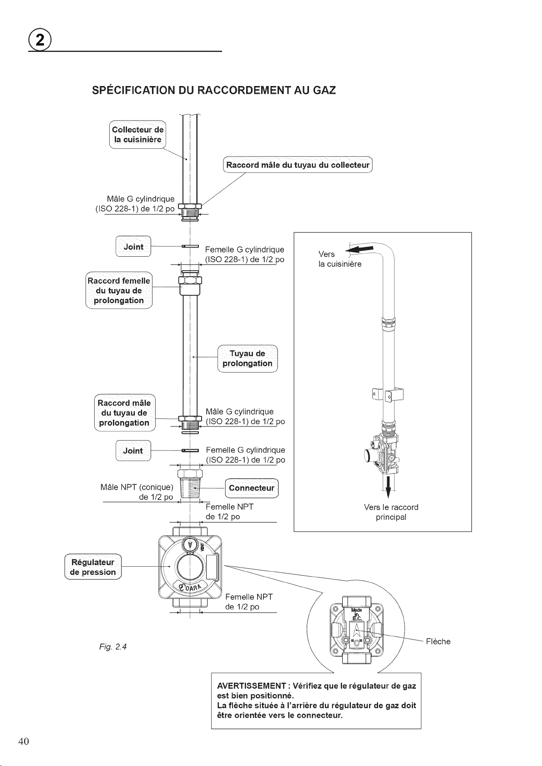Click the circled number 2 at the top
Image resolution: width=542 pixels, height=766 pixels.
[x=40, y=40]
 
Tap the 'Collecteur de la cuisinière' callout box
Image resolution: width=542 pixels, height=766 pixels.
[x=137, y=135]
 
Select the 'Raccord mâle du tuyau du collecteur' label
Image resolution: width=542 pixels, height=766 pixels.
[x=298, y=165]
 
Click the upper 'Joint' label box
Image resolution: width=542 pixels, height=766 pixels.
[x=133, y=246]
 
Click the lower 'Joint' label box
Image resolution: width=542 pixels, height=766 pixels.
[x=133, y=451]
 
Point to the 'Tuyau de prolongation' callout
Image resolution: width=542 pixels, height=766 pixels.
[x=248, y=358]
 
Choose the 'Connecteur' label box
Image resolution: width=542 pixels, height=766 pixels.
[x=252, y=488]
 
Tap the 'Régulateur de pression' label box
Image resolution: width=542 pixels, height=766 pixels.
[x=93, y=567]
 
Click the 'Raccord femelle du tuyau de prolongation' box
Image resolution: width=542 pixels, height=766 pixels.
[x=119, y=290]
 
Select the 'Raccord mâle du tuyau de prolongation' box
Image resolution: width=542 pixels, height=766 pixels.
[x=125, y=413]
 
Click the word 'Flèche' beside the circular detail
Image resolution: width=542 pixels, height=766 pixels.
[x=438, y=642]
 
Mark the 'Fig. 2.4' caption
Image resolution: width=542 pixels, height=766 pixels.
[x=113, y=647]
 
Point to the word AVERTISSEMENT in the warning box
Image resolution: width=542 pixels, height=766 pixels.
[x=251, y=685]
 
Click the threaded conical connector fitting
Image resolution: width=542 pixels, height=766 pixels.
[x=190, y=484]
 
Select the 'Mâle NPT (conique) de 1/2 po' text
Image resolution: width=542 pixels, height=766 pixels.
[x=137, y=492]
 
